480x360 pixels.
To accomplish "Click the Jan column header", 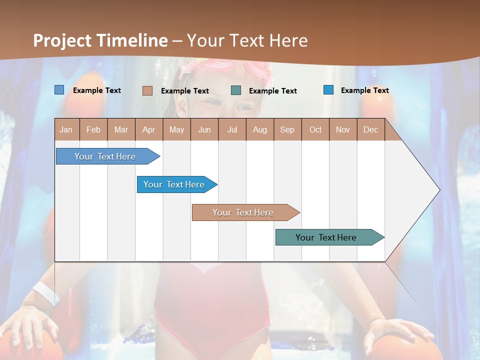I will [66, 129].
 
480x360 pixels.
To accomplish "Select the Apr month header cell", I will [148, 129].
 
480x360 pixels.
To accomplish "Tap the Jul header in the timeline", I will [232, 129].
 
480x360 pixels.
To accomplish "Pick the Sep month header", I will [287, 129].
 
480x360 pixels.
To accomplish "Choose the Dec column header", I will [370, 129].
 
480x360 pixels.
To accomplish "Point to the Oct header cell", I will [315, 129].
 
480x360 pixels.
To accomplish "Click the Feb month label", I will [93, 129].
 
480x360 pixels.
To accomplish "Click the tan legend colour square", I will [147, 90].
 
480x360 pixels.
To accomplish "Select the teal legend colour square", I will [236, 90].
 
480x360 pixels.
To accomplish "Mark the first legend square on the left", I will [59, 90].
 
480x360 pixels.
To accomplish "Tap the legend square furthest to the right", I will [328, 90].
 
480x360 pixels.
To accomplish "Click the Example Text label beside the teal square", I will [272, 91].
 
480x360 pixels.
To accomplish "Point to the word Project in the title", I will [62, 40].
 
